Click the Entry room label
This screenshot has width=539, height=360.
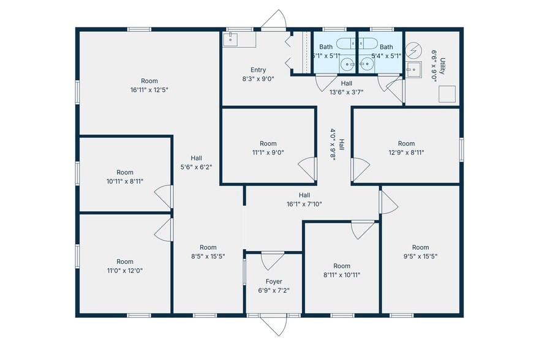(x=258, y=70)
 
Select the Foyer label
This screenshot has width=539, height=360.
(x=274, y=282)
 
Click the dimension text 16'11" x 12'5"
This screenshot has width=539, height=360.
(x=149, y=89)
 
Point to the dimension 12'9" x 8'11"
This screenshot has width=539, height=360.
(x=406, y=152)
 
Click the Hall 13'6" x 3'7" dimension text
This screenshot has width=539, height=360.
(x=347, y=92)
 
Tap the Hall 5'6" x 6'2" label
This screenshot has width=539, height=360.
(x=196, y=167)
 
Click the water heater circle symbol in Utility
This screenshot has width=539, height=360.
(x=414, y=49)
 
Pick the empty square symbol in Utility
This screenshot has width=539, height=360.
(x=448, y=94)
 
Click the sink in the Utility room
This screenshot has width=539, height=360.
(x=414, y=69)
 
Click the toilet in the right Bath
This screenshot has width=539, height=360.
(x=369, y=43)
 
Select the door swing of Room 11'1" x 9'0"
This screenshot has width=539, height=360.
(x=307, y=168)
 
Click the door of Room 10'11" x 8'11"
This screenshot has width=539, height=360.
(x=164, y=197)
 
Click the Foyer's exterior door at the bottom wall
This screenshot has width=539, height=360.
(x=274, y=324)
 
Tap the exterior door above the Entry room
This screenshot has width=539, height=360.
(x=274, y=20)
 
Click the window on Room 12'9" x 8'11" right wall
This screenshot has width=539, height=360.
(x=461, y=149)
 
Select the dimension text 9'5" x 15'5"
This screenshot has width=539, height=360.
(x=420, y=256)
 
